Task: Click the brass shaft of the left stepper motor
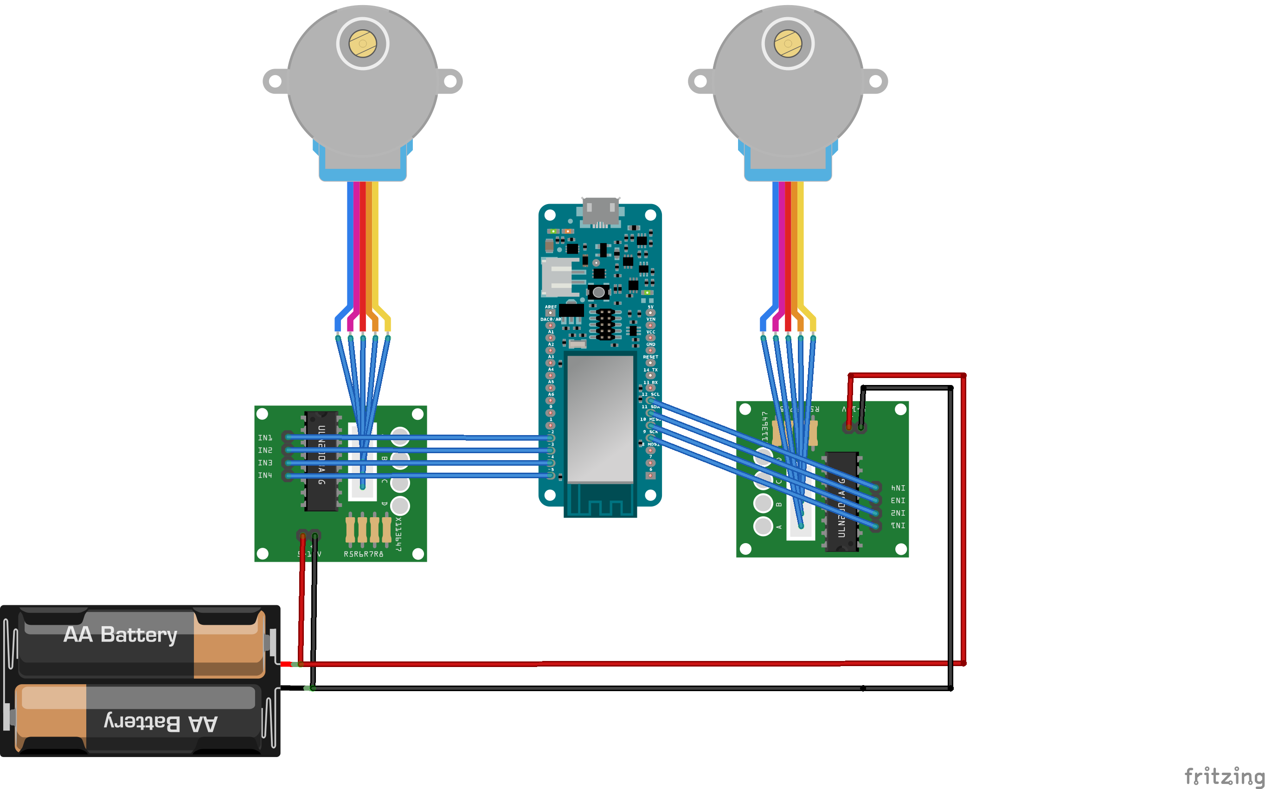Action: (x=362, y=43)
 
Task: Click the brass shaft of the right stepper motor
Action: (x=788, y=43)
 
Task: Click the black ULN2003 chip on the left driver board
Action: (x=321, y=461)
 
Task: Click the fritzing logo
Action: (x=1224, y=776)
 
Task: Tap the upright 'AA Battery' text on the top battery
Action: (x=121, y=635)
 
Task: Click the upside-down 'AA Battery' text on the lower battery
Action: (x=161, y=723)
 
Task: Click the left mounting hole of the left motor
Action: (x=275, y=82)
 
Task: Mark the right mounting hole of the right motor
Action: (x=875, y=82)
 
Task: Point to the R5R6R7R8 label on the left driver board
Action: (x=363, y=554)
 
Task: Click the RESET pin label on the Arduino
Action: (x=650, y=357)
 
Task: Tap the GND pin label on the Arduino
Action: (x=650, y=344)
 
